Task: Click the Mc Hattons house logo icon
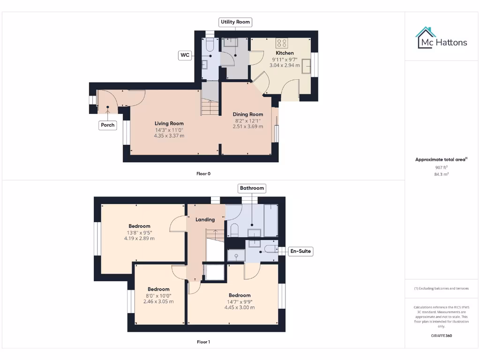click(x=426, y=38)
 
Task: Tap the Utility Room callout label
click(x=236, y=22)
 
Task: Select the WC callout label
click(x=185, y=55)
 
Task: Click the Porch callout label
click(x=108, y=125)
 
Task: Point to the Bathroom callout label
click(x=252, y=188)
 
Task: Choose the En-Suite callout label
click(x=300, y=252)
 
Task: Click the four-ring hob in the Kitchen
click(x=282, y=43)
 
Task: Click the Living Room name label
click(x=169, y=124)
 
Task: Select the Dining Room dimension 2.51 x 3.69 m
click(x=248, y=127)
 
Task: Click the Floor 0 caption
click(x=203, y=174)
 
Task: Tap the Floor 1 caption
click(x=203, y=342)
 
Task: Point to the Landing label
click(x=205, y=219)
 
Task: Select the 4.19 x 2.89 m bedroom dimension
click(x=139, y=239)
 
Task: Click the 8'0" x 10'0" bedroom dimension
click(x=158, y=296)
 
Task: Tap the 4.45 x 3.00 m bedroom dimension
click(x=240, y=307)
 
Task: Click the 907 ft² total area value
click(x=441, y=167)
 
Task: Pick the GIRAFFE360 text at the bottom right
click(x=441, y=336)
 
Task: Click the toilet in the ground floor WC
click(x=210, y=45)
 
